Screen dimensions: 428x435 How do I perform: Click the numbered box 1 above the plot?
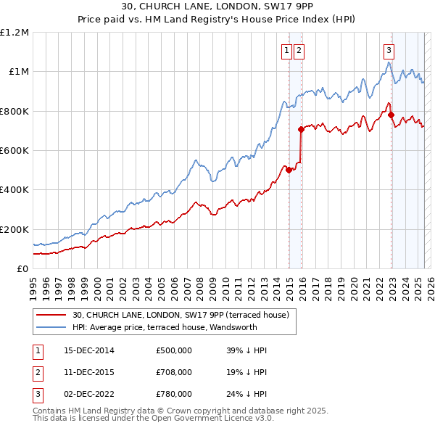[286, 50]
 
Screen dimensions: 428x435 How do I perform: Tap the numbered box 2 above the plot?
[299, 50]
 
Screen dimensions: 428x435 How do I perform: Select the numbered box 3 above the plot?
[389, 50]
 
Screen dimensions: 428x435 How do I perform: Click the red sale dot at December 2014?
[289, 170]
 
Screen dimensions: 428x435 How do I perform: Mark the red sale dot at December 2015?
[301, 129]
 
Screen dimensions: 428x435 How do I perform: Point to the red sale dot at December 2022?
[391, 115]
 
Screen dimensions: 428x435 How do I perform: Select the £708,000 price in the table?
[174, 371]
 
